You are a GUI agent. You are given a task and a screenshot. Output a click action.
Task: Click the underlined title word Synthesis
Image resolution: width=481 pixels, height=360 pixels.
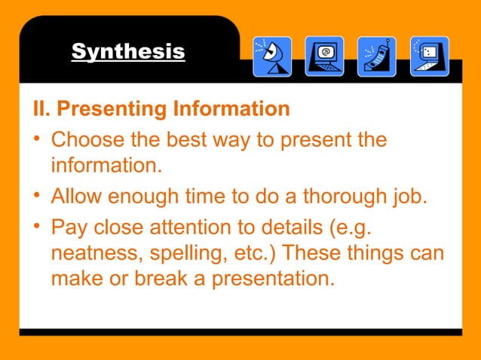(x=127, y=52)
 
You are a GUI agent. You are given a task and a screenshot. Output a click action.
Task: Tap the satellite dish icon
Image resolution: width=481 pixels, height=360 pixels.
(x=271, y=56)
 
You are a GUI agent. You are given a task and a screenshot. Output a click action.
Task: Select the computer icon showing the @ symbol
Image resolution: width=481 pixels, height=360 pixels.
(x=324, y=56)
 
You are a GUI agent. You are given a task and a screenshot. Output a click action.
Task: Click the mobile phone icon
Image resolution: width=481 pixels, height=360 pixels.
(x=376, y=56)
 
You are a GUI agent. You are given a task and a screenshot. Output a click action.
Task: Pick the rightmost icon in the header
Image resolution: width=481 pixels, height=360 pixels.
(x=429, y=56)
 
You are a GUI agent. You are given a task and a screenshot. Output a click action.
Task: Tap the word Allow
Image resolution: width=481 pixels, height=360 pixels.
(x=76, y=198)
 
